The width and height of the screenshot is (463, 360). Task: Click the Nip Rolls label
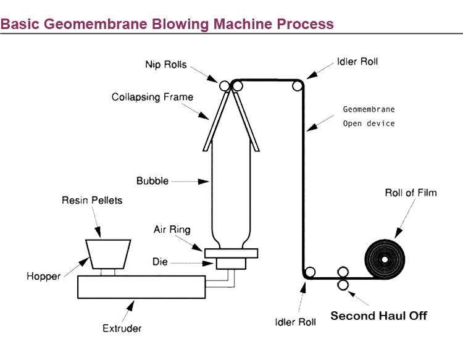coord(166,64)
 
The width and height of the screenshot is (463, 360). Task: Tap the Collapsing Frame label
coord(152,97)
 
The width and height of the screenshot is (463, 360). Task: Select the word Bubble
coord(152,181)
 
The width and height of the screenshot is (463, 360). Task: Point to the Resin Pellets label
coord(92,200)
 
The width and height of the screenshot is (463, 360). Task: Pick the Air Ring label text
coord(172,230)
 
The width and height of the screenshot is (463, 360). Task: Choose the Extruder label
coord(121,328)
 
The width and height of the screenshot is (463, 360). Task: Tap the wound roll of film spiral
coord(384,258)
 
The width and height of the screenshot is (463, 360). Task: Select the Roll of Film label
coord(411,193)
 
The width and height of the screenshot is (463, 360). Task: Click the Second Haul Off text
coord(378,316)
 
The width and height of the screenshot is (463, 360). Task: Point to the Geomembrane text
coord(369,109)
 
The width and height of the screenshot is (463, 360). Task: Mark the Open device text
coord(369,123)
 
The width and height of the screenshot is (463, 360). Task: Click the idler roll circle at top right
coord(298,86)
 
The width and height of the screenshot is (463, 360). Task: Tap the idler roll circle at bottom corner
coord(310,272)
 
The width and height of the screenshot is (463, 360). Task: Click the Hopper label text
coord(43,277)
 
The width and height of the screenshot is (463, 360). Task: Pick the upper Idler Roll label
coord(357,62)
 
